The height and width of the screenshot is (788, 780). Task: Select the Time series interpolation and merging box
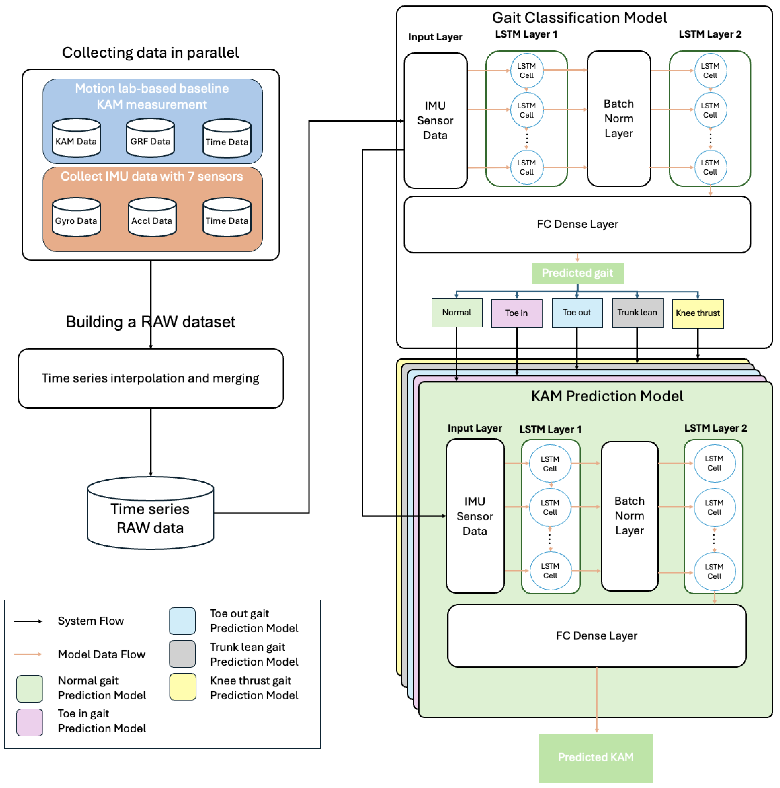coord(150,379)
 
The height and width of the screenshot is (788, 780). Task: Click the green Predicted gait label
coord(577,273)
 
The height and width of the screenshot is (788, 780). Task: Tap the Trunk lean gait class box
coord(637,313)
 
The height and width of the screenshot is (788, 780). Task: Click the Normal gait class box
coord(457,313)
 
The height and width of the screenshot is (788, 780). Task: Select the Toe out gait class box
coord(577,313)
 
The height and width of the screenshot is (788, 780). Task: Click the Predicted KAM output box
coord(596,757)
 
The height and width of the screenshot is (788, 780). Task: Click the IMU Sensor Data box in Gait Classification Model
coord(435,121)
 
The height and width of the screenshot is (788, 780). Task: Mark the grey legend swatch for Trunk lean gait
coord(182,654)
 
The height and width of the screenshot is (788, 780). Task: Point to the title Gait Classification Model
coord(579,18)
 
